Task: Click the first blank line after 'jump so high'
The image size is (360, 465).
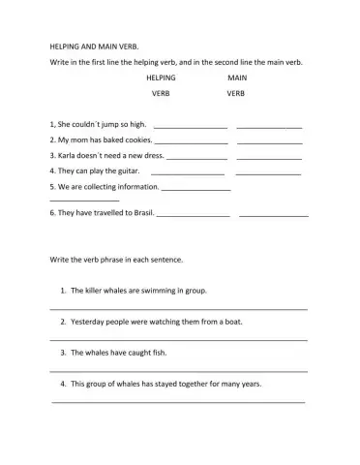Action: (191, 126)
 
